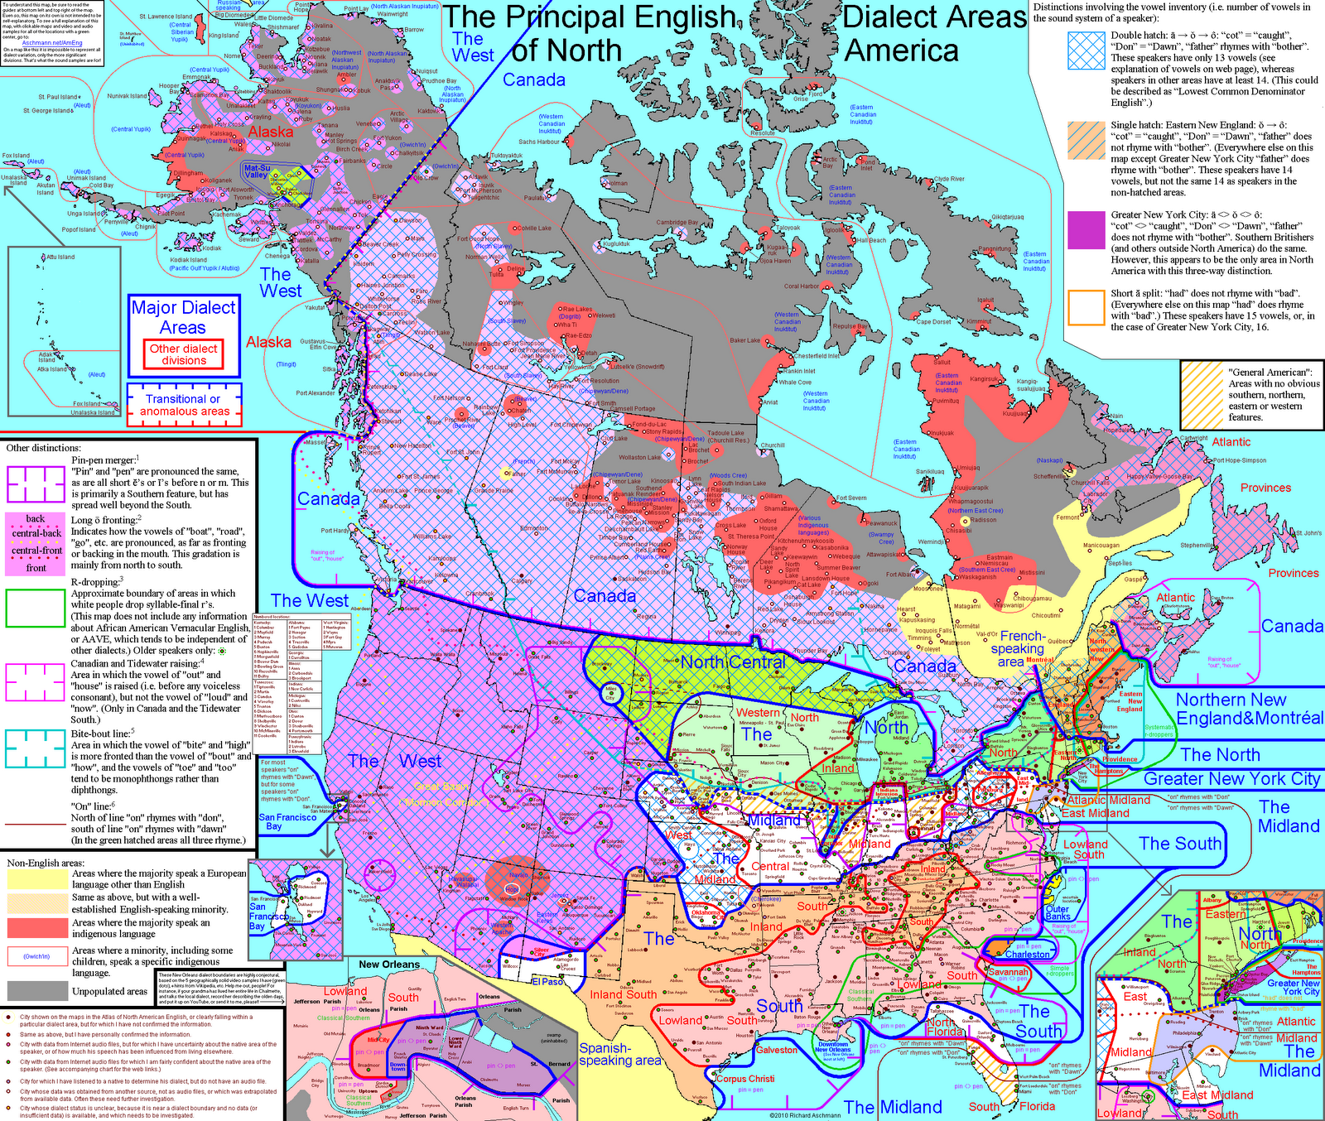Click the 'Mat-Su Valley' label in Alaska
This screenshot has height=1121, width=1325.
(257, 171)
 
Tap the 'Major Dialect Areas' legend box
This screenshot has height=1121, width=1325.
(183, 317)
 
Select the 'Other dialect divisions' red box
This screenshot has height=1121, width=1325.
(183, 354)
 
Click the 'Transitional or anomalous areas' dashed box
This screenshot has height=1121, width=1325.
(184, 405)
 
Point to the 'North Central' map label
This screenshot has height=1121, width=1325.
(733, 662)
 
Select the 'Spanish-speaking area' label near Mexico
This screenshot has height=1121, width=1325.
(619, 1054)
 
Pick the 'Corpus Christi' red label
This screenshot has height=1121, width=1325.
(745, 1079)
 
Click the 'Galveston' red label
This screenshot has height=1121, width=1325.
(777, 1050)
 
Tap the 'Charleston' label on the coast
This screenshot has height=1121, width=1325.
(1027, 954)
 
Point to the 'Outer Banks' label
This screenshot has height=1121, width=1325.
(1058, 912)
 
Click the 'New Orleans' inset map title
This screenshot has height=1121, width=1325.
(388, 965)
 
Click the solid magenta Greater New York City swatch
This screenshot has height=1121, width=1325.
(1086, 229)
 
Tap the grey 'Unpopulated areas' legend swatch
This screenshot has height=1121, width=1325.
(37, 990)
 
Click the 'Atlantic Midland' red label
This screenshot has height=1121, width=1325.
(1108, 800)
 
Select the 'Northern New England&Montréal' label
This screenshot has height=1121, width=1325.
(1249, 709)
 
